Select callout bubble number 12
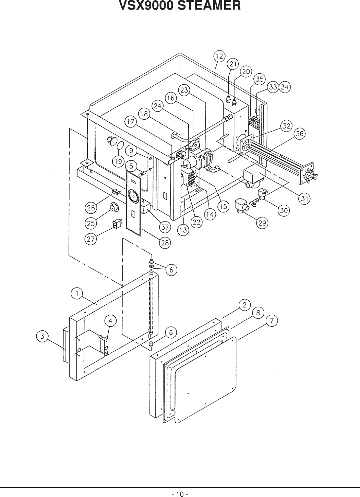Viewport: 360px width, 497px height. (x=220, y=56)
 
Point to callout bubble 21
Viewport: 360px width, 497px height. (x=233, y=64)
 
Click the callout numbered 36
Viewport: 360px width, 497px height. (x=300, y=134)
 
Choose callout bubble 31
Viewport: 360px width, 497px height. (x=304, y=198)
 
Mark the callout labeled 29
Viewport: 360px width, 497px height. (x=262, y=223)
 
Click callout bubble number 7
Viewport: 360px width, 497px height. (x=272, y=321)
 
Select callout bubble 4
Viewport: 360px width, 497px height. (x=110, y=321)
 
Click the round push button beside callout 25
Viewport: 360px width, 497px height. (x=113, y=207)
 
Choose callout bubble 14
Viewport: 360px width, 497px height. (x=210, y=215)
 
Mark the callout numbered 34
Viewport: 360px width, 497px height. (x=285, y=87)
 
